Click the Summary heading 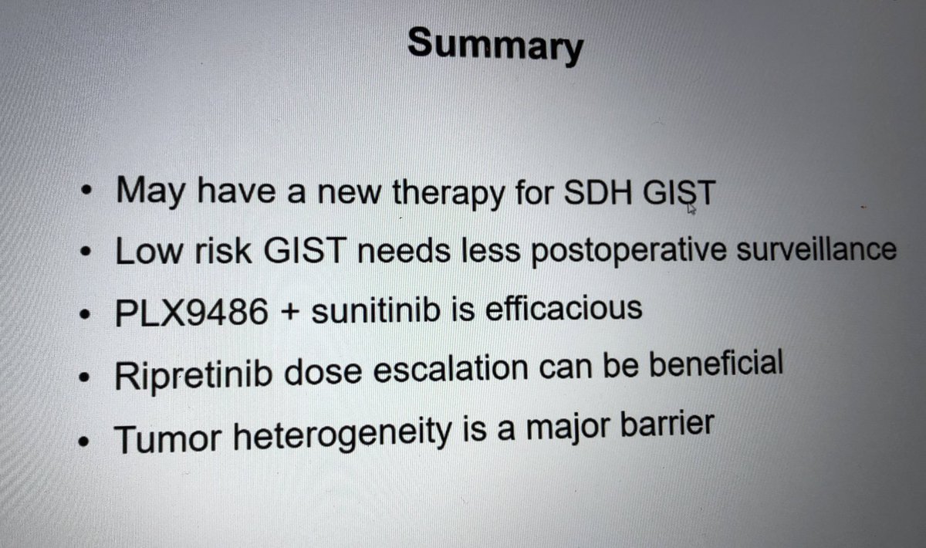[x=495, y=46]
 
